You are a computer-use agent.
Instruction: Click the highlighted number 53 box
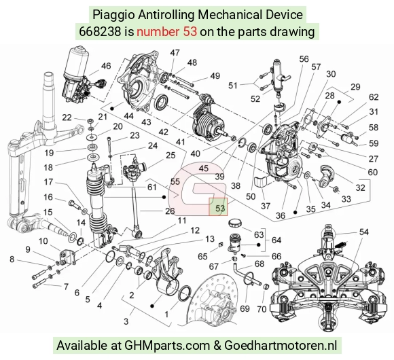pos(218,206)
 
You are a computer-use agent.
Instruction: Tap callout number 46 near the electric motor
pos(106,66)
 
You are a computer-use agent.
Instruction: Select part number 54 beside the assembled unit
pos(363,232)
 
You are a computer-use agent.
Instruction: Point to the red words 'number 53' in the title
pos(166,32)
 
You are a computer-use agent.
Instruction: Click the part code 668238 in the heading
pos(100,32)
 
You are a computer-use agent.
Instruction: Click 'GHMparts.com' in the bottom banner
pos(167,346)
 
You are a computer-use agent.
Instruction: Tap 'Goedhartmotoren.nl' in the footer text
pos(281,345)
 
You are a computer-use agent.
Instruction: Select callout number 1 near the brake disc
pos(166,314)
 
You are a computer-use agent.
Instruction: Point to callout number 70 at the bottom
pos(262,309)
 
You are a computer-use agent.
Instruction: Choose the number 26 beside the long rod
pos(170,211)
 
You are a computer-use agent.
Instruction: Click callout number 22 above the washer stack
pos(67,118)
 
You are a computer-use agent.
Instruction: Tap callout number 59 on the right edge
pos(374,143)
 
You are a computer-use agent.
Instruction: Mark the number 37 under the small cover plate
pos(266,206)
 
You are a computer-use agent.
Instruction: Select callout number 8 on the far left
pos(12,259)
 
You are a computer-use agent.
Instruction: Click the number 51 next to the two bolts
pos(233,86)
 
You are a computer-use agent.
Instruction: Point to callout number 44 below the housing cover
pos(128,116)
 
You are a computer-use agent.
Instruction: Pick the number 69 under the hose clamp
pos(245,308)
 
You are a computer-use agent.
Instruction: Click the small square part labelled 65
pos(221,245)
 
